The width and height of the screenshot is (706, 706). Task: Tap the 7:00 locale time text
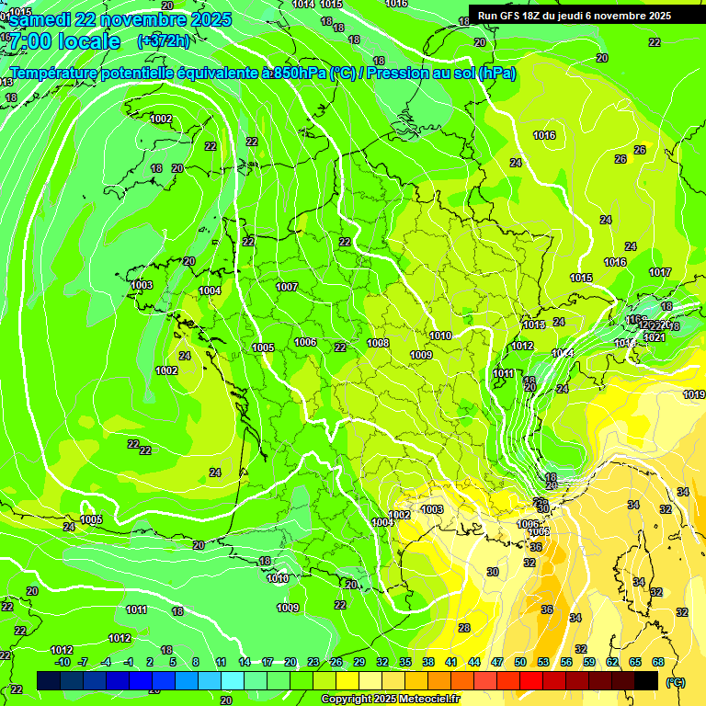(x=64, y=41)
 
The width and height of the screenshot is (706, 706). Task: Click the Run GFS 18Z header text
(x=515, y=16)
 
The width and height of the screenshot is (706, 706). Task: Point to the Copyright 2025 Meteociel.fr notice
(x=390, y=700)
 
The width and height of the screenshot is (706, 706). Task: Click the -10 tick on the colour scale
(x=63, y=662)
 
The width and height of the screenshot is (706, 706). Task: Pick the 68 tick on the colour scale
(x=658, y=662)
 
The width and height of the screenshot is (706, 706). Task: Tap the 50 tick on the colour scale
(x=520, y=662)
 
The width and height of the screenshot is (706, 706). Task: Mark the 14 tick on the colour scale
(x=245, y=662)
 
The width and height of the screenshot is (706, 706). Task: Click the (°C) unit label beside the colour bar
(x=676, y=682)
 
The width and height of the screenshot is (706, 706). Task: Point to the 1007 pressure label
(x=287, y=287)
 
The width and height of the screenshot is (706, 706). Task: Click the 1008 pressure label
(x=378, y=343)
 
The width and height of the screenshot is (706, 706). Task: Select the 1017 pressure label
(x=659, y=272)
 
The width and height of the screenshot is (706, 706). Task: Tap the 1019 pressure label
(x=694, y=394)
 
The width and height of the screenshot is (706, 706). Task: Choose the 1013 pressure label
(x=533, y=325)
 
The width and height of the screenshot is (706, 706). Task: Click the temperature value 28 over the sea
(x=464, y=628)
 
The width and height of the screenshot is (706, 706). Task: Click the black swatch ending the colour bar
(x=646, y=680)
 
